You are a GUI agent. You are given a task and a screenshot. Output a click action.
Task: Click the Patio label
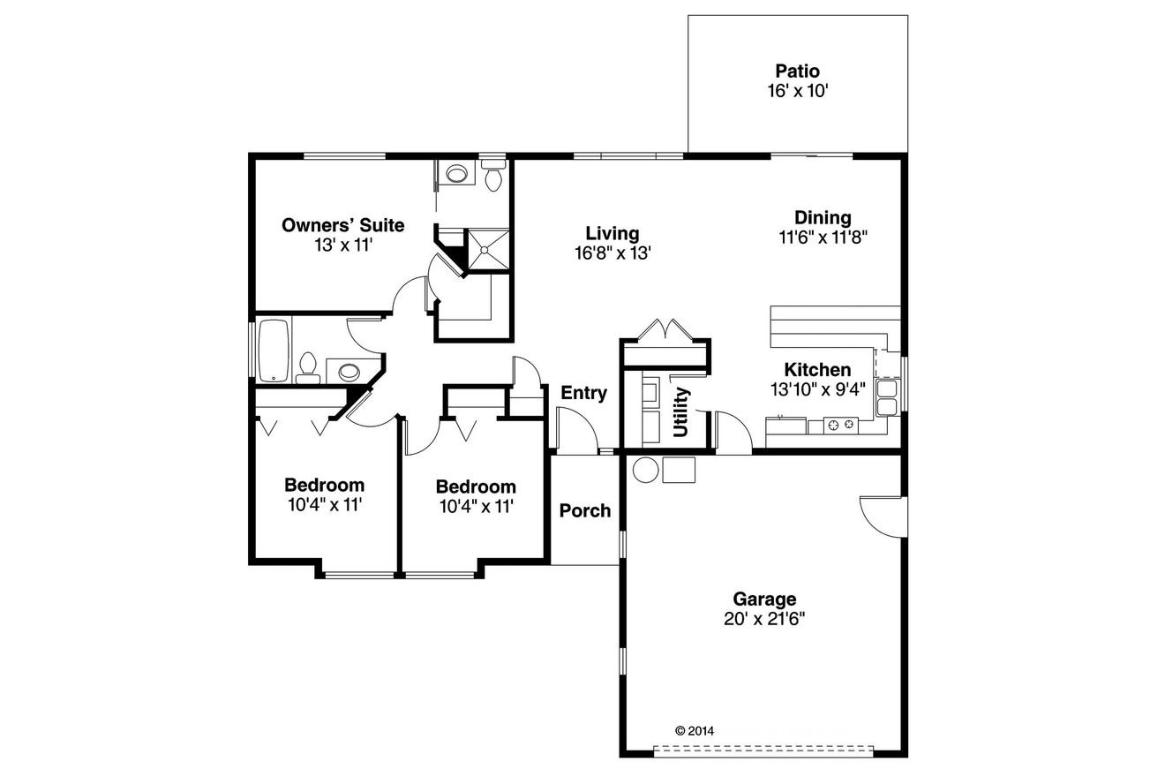797,71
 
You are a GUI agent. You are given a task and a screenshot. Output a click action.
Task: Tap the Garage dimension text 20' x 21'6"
764,619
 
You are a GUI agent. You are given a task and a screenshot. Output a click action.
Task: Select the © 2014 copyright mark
694,730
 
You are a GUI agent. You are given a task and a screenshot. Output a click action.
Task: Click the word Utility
681,412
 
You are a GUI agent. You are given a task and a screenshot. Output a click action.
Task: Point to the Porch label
585,510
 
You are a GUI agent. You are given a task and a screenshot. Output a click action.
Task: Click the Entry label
583,393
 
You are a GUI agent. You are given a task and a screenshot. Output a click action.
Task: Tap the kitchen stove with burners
840,425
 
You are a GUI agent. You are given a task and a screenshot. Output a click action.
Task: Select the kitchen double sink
886,397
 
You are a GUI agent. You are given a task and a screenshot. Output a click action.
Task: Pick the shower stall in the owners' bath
488,248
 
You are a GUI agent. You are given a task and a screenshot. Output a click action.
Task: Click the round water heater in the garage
646,470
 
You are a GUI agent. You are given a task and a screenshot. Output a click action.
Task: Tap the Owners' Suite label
342,225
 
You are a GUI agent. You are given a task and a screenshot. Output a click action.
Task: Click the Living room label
612,233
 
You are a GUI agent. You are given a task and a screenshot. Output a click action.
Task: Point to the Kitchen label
817,370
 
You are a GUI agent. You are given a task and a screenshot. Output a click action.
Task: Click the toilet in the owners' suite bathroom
493,177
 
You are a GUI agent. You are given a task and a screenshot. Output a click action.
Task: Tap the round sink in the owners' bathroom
457,174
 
